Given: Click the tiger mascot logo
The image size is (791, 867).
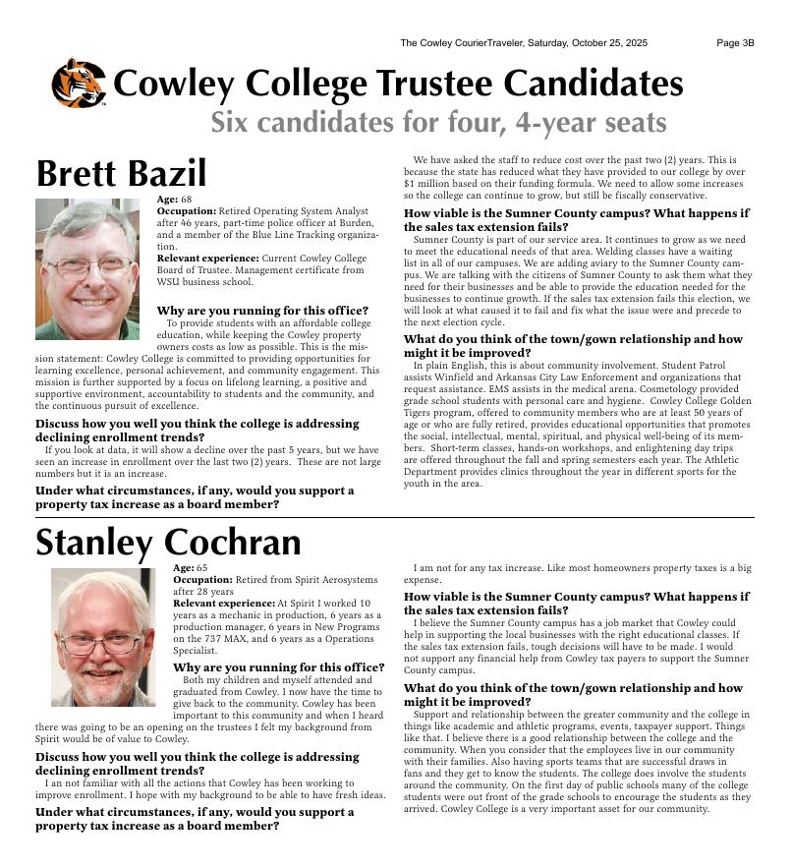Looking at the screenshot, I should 78,84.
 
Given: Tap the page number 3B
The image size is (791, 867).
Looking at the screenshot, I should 735,43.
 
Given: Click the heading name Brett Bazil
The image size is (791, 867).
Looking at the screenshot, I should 121,174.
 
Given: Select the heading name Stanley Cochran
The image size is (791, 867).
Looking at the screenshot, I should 168,543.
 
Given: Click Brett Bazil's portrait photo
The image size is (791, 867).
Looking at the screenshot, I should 87,268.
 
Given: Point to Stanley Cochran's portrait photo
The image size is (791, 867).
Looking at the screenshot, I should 103,636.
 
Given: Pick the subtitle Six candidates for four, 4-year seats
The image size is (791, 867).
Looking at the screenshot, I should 438,123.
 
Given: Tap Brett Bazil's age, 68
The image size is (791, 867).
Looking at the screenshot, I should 185,200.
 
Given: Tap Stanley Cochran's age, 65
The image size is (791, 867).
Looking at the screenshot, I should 201,568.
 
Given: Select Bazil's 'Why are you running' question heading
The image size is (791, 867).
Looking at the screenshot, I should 262,311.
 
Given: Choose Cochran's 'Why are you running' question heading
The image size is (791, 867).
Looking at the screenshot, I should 278,667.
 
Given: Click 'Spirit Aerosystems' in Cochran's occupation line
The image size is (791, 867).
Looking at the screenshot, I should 334,580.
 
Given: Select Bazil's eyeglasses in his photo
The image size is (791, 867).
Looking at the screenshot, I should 88,264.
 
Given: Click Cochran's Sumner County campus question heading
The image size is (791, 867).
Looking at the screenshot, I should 576,603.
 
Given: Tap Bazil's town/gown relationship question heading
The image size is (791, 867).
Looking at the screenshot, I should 573,346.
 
